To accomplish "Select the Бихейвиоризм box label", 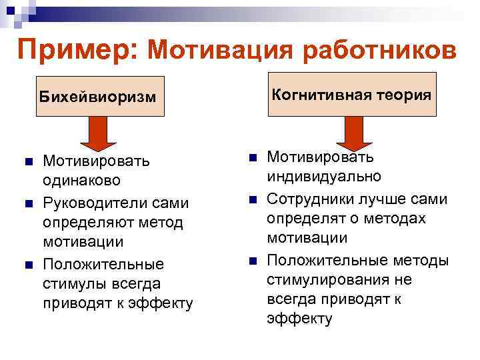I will point(97,97).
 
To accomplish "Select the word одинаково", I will point(81,181).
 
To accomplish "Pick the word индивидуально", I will point(324,177).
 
